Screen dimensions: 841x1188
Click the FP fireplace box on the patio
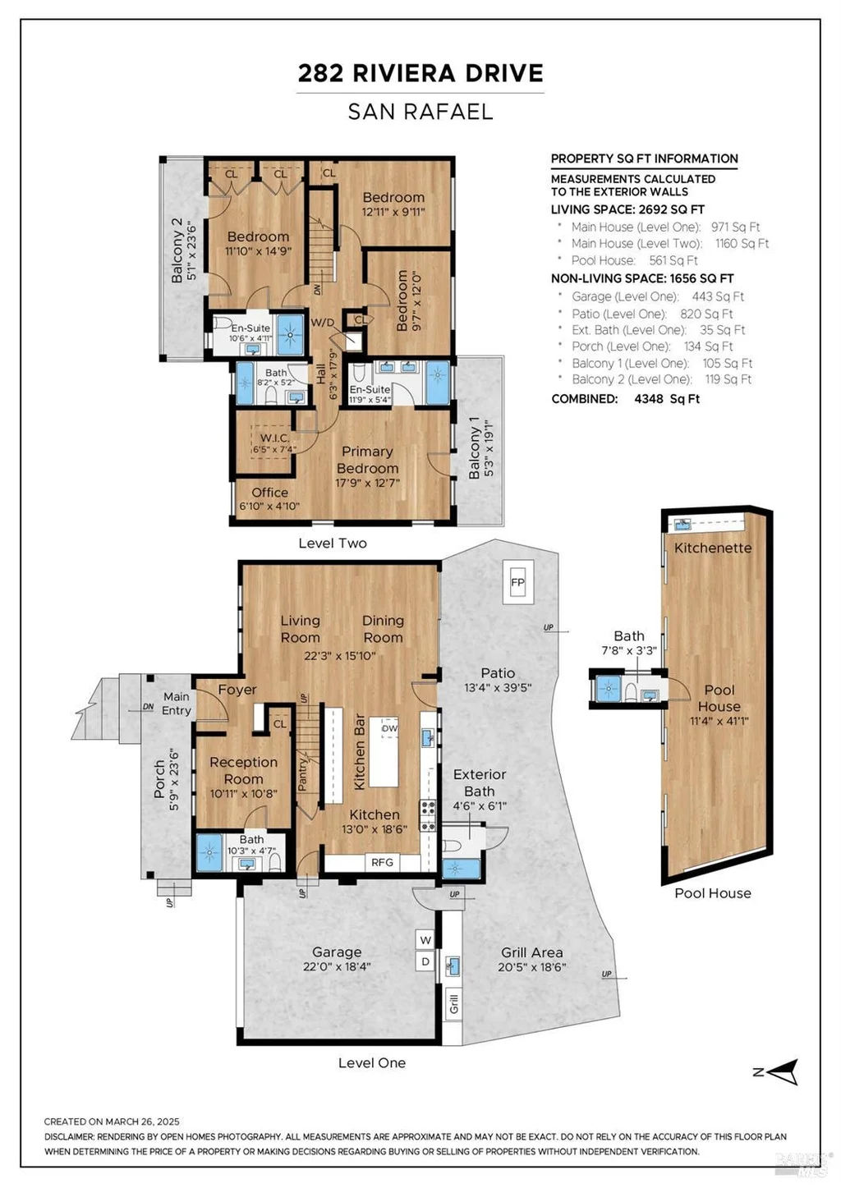coord(518,582)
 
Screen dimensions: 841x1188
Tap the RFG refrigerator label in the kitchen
coord(382,862)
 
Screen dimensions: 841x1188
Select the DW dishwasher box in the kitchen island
coord(389,728)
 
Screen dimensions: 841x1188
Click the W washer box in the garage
coord(425,940)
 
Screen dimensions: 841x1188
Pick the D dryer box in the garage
coord(425,961)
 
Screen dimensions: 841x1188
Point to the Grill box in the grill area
coord(453,1004)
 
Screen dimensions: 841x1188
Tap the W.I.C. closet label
coord(275,438)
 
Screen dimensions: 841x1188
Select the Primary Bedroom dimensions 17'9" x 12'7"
coord(368,483)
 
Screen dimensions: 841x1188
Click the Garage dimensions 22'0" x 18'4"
coord(337,966)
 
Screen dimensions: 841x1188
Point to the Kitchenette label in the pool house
coord(713,548)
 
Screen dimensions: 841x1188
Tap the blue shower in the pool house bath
coord(609,689)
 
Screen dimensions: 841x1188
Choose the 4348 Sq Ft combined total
coord(667,399)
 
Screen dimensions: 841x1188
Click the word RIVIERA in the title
coord(404,73)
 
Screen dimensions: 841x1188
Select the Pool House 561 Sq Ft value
coord(673,260)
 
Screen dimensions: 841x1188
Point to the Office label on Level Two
coord(269,492)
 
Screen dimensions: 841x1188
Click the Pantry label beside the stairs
coord(302,775)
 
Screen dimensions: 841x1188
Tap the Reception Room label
coord(244,771)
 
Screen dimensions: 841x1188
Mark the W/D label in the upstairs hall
coord(323,323)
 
